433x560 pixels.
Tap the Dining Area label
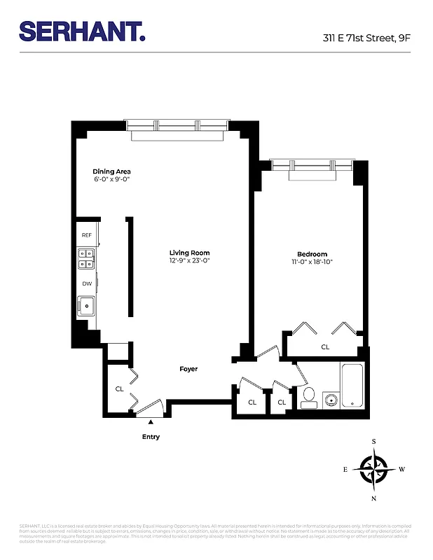[x=112, y=171]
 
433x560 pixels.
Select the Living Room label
[x=189, y=253]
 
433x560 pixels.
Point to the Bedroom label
[x=312, y=254]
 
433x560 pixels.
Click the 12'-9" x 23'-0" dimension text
[x=189, y=261]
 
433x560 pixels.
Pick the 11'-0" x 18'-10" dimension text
[x=312, y=262]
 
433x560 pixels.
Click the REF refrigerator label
[x=87, y=235]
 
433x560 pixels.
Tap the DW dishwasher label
[x=87, y=283]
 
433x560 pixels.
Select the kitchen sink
[x=86, y=306]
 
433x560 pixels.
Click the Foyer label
[x=188, y=369]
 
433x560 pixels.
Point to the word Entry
[x=151, y=437]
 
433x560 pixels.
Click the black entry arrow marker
[x=150, y=421]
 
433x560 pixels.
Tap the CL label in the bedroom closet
[x=325, y=346]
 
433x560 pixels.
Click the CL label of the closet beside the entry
[x=119, y=389]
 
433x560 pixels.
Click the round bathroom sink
[x=330, y=400]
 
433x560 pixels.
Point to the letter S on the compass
[x=374, y=442]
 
